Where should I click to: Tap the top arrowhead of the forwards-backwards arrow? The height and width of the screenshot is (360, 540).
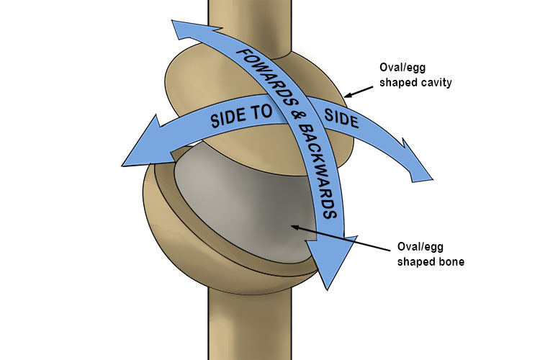[176, 29]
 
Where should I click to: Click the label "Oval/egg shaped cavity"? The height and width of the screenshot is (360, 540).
[413, 74]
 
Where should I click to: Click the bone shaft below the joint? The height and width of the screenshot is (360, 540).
[248, 331]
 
